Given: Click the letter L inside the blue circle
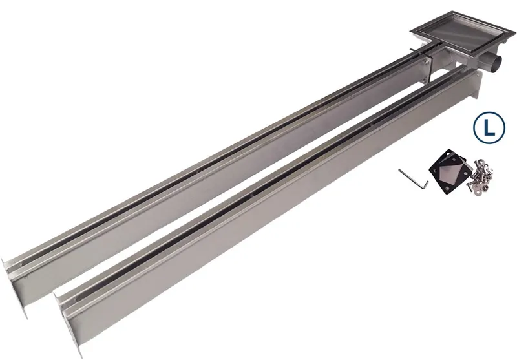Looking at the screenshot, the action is point(489,128).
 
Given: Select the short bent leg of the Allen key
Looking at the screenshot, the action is point(427,185).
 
